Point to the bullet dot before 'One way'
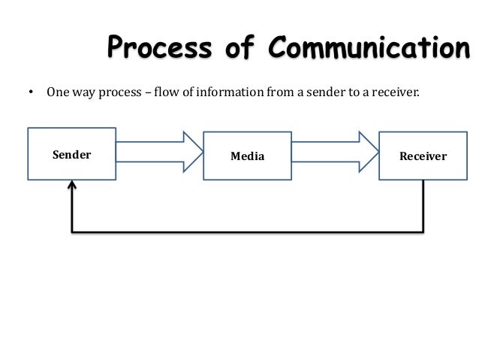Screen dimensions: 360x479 pyautogui.click(x=31, y=95)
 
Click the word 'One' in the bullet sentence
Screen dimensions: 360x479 pyautogui.click(x=59, y=95)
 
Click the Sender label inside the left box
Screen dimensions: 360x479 pyautogui.click(x=71, y=155)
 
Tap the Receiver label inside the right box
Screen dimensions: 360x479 pyautogui.click(x=423, y=156)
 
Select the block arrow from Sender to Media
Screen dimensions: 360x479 pyautogui.click(x=159, y=153)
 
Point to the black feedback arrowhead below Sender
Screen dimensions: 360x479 pyautogui.click(x=72, y=185)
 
